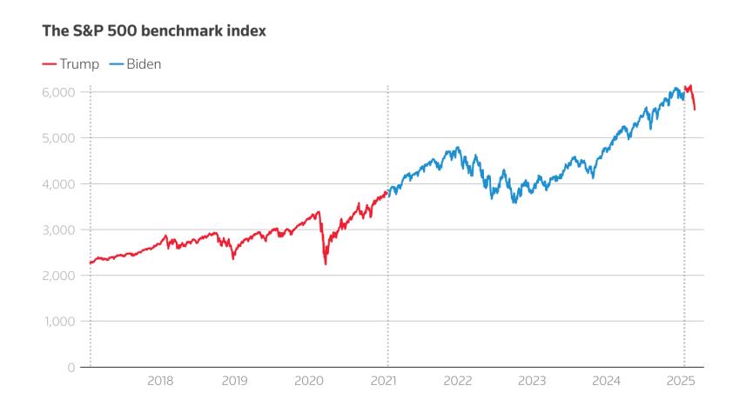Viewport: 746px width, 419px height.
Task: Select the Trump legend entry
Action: (73, 64)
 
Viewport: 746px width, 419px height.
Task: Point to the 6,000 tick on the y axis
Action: (59, 92)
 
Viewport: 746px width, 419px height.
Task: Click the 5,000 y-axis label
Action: (59, 138)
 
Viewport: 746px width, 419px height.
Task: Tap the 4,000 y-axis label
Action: (59, 184)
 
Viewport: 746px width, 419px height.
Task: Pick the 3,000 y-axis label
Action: (59, 229)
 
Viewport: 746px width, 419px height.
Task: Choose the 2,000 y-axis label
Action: (59, 276)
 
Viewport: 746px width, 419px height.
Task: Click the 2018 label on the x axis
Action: (160, 381)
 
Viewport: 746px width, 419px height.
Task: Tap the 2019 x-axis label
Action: (234, 381)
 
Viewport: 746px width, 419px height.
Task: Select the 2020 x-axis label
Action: (309, 381)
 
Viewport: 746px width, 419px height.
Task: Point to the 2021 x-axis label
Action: (384, 381)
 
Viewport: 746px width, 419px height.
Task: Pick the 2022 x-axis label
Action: (458, 381)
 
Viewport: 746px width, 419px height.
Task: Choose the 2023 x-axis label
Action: (532, 381)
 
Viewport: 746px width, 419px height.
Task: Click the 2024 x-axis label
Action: (607, 381)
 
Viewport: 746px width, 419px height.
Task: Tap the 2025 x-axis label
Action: (682, 381)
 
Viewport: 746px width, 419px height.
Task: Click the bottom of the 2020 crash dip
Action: (326, 263)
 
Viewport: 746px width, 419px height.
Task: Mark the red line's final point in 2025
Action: (695, 110)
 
